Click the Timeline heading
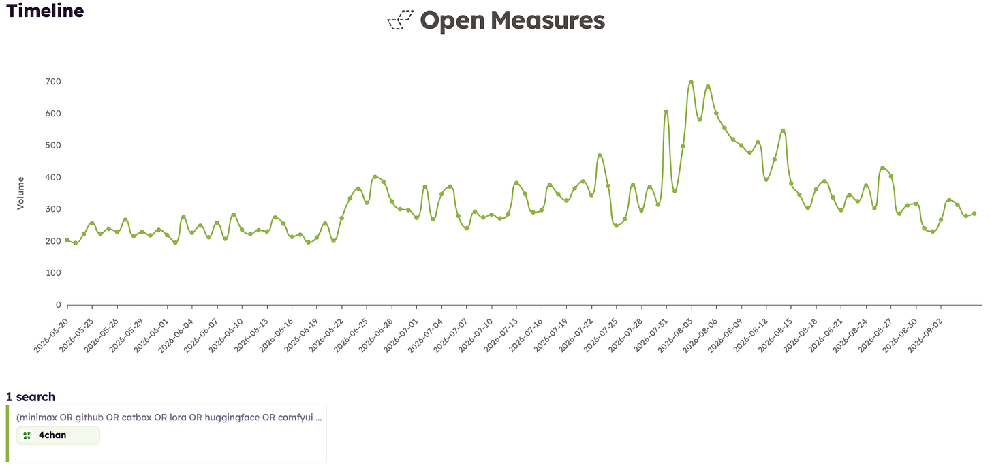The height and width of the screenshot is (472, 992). tap(45, 11)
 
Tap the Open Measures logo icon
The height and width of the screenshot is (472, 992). tap(401, 20)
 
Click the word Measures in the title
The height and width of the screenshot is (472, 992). tap(547, 20)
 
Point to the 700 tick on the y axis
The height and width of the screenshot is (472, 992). tap(53, 82)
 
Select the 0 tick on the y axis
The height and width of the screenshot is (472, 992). tap(59, 304)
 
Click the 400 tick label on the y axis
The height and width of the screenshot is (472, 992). tap(53, 177)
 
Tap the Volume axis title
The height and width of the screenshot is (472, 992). tap(20, 193)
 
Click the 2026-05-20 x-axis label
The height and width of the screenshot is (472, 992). tap(51, 335)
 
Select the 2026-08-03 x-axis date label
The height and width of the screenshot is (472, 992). tap(675, 335)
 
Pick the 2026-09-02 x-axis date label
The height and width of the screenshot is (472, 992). tap(925, 335)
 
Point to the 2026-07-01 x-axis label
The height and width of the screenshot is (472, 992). tap(401, 335)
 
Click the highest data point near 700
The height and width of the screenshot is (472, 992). tap(691, 82)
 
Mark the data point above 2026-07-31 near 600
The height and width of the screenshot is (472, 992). tap(666, 112)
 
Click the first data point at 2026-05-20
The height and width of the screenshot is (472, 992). tap(67, 240)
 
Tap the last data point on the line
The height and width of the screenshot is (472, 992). tap(974, 214)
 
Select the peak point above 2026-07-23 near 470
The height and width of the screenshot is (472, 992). tap(600, 155)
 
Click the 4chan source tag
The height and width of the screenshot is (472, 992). tap(58, 435)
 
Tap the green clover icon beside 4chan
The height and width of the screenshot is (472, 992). tap(27, 435)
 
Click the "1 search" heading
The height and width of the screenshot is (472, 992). tap(31, 396)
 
